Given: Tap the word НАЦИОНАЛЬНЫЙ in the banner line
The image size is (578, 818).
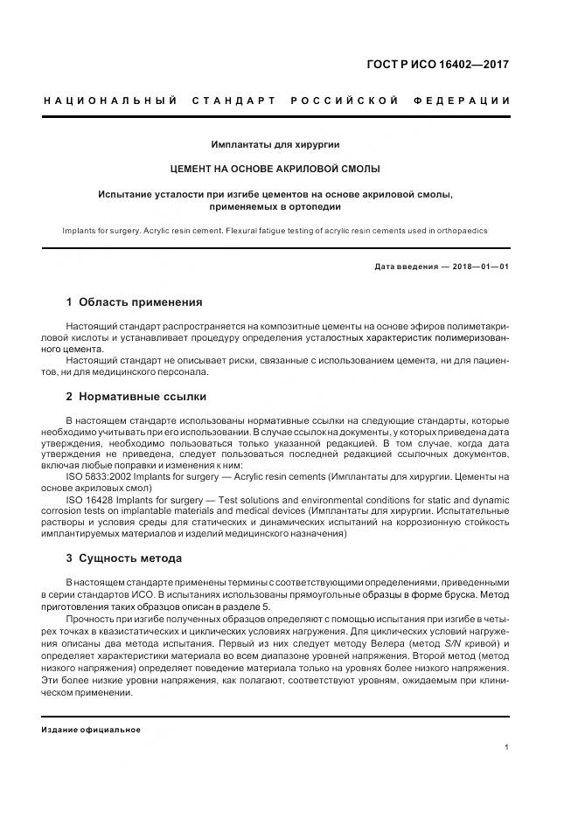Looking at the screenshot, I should [x=110, y=101].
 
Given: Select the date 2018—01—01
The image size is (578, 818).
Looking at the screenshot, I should [x=479, y=267].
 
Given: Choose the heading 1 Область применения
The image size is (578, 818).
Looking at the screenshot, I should [x=134, y=302].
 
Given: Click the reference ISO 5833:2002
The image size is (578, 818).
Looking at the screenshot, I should [x=100, y=475].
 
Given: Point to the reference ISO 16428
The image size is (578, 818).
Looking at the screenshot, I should [x=89, y=498].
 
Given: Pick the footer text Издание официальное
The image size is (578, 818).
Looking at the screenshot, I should [x=91, y=729].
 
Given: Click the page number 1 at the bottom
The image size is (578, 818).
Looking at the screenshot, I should [x=506, y=747].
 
